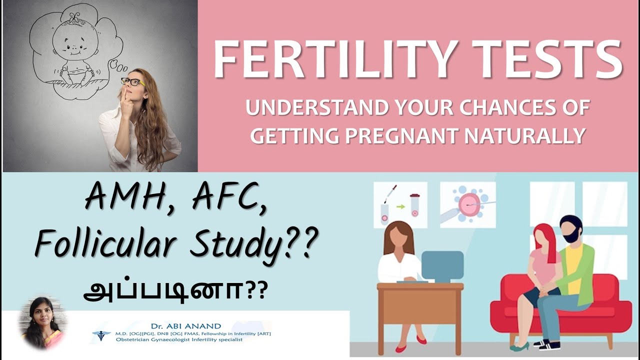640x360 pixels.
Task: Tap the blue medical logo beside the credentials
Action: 101,335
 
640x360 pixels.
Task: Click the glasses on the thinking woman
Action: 132,81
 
